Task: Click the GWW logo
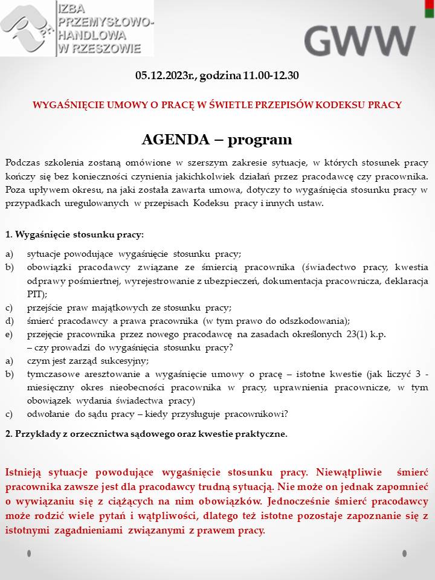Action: (x=359, y=40)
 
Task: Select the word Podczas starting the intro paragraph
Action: (x=24, y=163)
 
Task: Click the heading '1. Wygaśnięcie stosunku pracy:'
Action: (x=74, y=234)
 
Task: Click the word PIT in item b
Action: (x=34, y=294)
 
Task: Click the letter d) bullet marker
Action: (x=9, y=321)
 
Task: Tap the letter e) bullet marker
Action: (x=9, y=334)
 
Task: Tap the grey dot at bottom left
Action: (x=28, y=553)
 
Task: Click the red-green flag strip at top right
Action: (x=431, y=9)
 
